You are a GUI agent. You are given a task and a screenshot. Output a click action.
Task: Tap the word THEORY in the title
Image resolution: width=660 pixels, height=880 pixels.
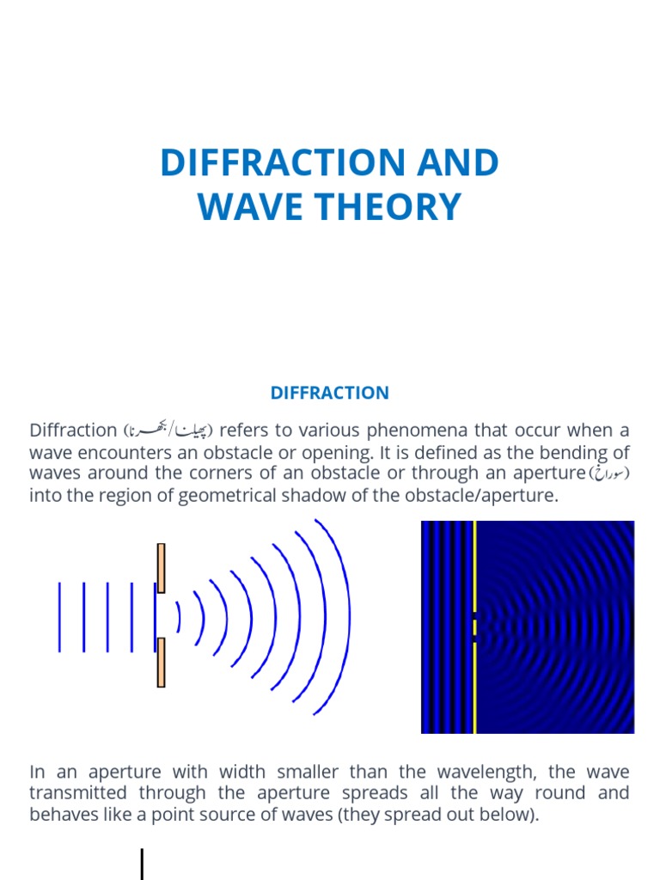point(376,207)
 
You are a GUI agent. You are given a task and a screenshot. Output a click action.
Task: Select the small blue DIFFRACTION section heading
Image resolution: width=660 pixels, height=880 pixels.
point(329,393)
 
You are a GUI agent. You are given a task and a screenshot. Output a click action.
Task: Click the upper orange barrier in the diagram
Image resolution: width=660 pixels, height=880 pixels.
point(161,562)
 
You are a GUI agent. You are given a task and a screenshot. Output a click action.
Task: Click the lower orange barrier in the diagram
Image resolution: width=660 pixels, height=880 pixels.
point(161,662)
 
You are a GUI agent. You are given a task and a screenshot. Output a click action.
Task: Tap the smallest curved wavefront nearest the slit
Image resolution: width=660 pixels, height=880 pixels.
point(178,616)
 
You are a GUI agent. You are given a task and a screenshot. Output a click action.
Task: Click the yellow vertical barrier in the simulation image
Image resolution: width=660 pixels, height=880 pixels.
point(474,567)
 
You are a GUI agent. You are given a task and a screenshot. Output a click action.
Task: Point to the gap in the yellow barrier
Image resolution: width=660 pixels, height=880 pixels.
point(474,626)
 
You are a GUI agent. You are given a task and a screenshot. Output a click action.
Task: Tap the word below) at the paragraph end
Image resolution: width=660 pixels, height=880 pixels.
point(512,814)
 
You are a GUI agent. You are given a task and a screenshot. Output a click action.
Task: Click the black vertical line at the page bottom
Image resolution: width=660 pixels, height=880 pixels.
point(142,864)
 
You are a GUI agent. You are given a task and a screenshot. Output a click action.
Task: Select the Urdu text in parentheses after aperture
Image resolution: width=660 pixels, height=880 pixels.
point(608,474)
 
